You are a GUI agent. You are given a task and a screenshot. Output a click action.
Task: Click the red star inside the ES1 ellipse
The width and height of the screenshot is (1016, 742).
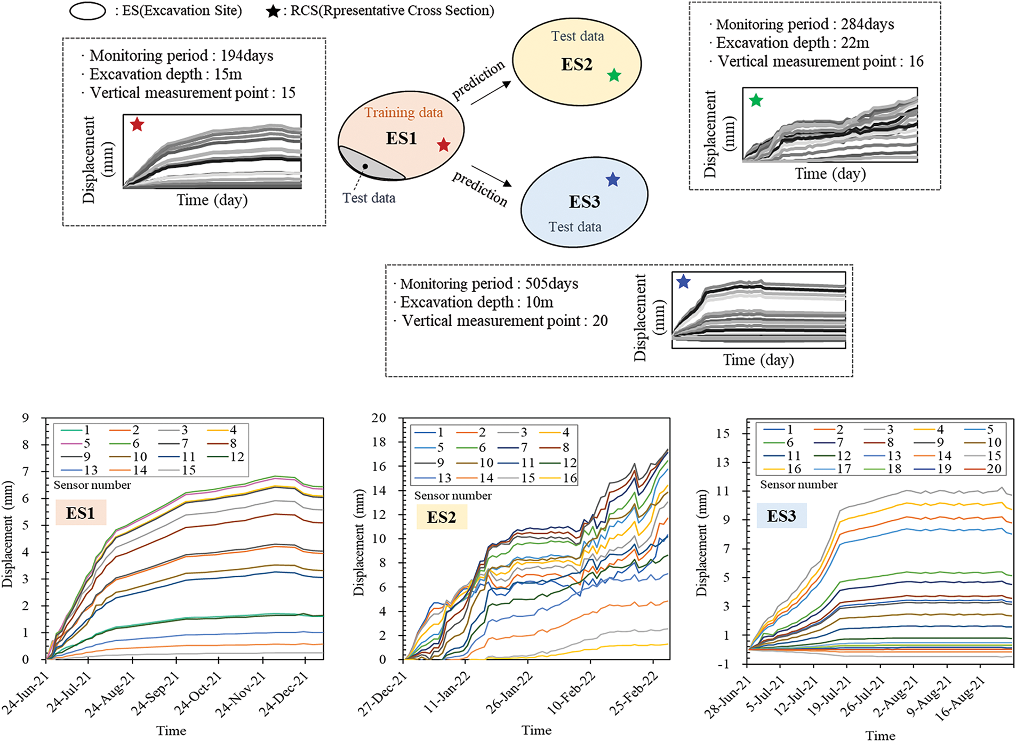444,144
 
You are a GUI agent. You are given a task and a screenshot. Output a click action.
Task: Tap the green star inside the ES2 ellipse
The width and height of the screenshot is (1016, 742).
614,75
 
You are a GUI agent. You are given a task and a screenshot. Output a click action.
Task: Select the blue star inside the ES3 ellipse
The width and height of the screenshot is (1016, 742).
613,180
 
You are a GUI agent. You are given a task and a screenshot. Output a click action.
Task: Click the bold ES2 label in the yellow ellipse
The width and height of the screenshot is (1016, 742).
577,64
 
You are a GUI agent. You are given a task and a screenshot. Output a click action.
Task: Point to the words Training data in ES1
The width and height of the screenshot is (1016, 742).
404,112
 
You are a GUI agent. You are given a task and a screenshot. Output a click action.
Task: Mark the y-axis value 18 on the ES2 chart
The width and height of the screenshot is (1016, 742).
379,442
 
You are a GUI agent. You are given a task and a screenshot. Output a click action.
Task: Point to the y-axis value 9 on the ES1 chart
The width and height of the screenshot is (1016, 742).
25,418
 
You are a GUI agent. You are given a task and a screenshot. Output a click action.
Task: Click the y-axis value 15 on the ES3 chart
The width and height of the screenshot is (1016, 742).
723,433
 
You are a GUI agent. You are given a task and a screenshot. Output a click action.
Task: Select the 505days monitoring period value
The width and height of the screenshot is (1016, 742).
551,284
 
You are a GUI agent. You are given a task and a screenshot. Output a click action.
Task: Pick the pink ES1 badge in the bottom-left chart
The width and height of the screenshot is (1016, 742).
81,513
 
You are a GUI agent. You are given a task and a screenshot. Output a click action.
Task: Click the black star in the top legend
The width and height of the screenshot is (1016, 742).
273,11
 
